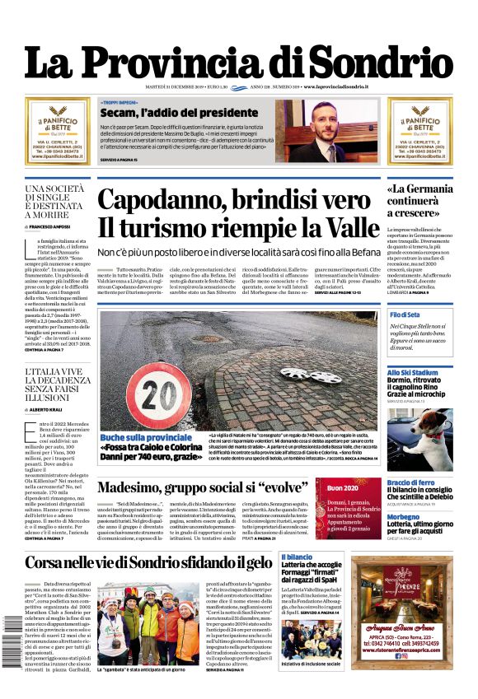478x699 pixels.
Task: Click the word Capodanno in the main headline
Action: (158, 202)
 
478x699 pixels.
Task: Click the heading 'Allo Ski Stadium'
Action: (413, 373)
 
